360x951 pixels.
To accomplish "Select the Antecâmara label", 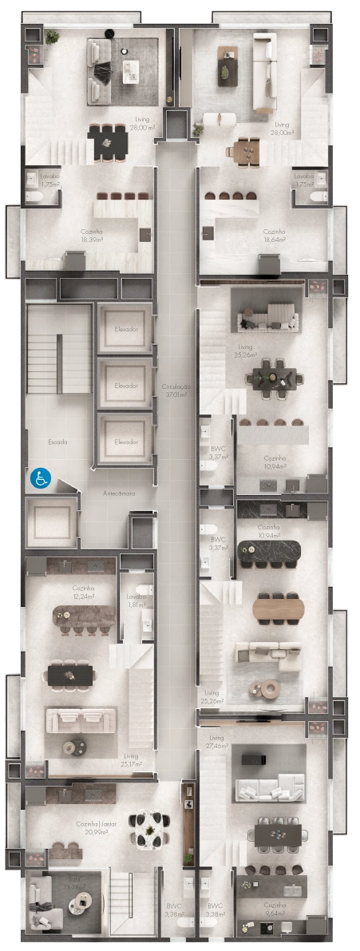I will point(119,493).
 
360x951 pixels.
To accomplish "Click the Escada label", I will point(57,442).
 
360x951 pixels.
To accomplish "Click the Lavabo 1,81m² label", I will point(136,600).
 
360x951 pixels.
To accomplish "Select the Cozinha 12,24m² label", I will point(84,592).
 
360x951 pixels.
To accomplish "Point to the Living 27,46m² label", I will point(216,742).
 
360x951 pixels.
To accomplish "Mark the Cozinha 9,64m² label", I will point(275,908).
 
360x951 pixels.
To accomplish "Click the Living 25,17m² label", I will point(131,759).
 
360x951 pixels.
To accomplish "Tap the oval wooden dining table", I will point(279,608).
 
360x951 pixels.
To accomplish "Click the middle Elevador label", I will point(126,386).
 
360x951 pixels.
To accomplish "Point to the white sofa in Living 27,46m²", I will point(267,788).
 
